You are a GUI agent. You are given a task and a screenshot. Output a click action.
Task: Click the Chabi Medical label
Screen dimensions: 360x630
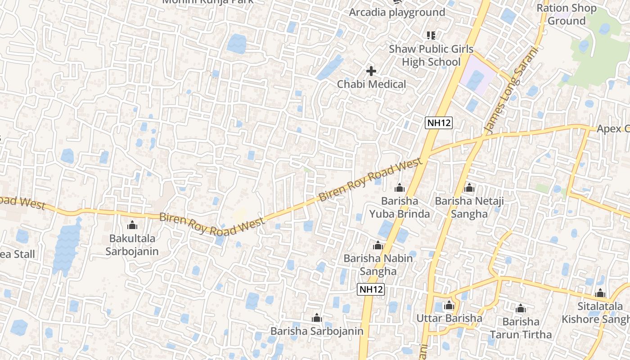click(x=371, y=84)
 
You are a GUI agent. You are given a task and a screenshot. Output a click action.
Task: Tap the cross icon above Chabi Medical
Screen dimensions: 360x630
click(x=371, y=71)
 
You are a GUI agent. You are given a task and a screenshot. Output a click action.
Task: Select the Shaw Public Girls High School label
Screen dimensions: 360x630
click(x=431, y=55)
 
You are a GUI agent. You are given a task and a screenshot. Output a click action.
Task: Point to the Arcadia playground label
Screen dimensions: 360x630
click(x=397, y=12)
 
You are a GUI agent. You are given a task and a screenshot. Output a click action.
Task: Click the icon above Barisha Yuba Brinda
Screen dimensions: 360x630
click(x=399, y=188)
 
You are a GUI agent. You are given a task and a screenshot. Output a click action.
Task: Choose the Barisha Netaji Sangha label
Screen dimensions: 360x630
click(x=469, y=207)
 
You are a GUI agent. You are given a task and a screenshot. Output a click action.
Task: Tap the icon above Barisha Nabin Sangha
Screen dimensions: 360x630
click(x=378, y=246)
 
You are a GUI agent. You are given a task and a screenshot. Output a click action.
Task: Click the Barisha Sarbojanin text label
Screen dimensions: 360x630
click(x=317, y=331)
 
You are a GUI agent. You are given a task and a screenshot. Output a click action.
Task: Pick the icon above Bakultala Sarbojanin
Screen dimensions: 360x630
click(x=132, y=225)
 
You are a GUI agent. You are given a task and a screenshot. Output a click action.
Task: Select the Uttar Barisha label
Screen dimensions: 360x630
click(x=449, y=318)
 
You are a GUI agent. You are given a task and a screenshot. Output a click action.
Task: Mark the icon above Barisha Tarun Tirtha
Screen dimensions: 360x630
click(x=521, y=309)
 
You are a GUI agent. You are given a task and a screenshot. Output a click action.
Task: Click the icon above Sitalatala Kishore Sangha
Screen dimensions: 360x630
click(x=600, y=294)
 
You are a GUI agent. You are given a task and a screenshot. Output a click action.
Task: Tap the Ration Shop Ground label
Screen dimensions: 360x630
click(x=567, y=14)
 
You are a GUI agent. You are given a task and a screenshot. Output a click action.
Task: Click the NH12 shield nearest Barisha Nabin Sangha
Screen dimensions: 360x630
click(x=371, y=289)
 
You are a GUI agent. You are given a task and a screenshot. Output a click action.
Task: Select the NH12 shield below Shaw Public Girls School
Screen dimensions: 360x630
click(x=438, y=122)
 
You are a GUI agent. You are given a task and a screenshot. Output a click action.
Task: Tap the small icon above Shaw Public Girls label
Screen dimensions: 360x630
click(x=431, y=35)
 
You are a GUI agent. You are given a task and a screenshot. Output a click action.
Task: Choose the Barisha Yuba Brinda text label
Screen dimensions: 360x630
click(x=400, y=207)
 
